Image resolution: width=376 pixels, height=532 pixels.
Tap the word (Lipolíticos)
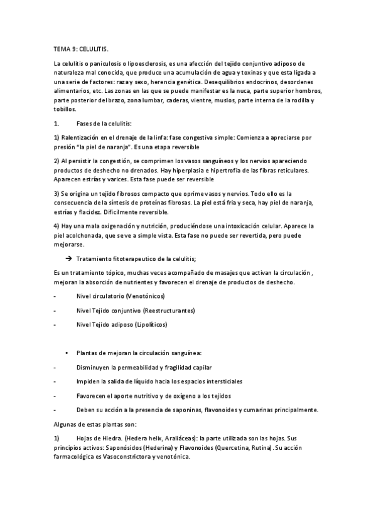[x=151, y=325]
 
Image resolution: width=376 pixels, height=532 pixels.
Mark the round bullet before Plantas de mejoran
[x=67, y=354]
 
